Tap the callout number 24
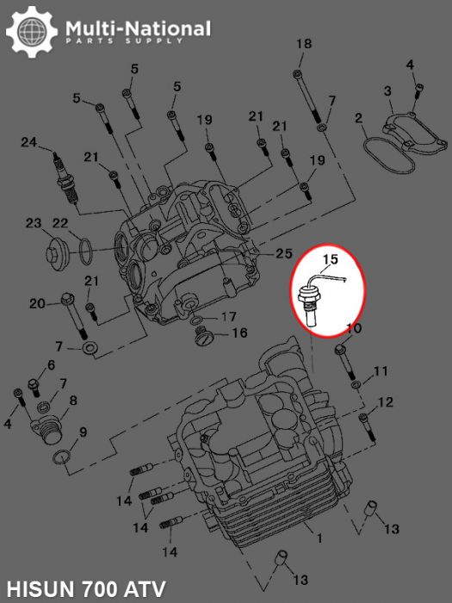click(x=29, y=142)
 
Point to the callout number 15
click(x=331, y=258)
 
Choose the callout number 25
click(x=285, y=253)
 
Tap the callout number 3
click(x=387, y=90)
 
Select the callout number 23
click(x=33, y=223)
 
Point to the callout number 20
click(x=36, y=303)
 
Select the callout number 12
click(x=386, y=402)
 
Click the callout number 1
click(x=319, y=539)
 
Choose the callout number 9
click(x=83, y=432)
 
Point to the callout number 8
click(x=73, y=401)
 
